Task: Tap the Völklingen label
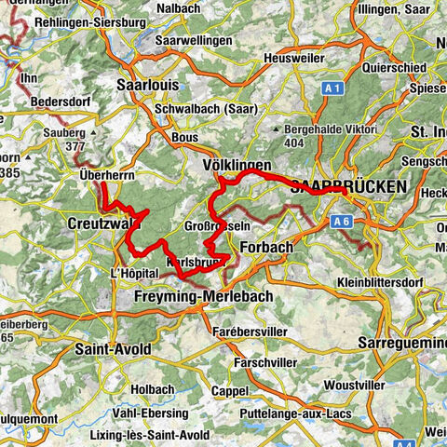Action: (237, 165)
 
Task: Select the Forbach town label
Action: (266, 249)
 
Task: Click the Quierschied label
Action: (395, 69)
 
